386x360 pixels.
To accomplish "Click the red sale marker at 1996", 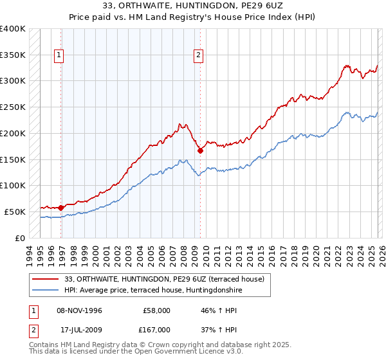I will coord(61,208).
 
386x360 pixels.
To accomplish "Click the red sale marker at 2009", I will coord(200,151).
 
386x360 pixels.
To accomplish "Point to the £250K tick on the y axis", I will coord(13,107).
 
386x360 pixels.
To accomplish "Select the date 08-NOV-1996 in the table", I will coord(79,310).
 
